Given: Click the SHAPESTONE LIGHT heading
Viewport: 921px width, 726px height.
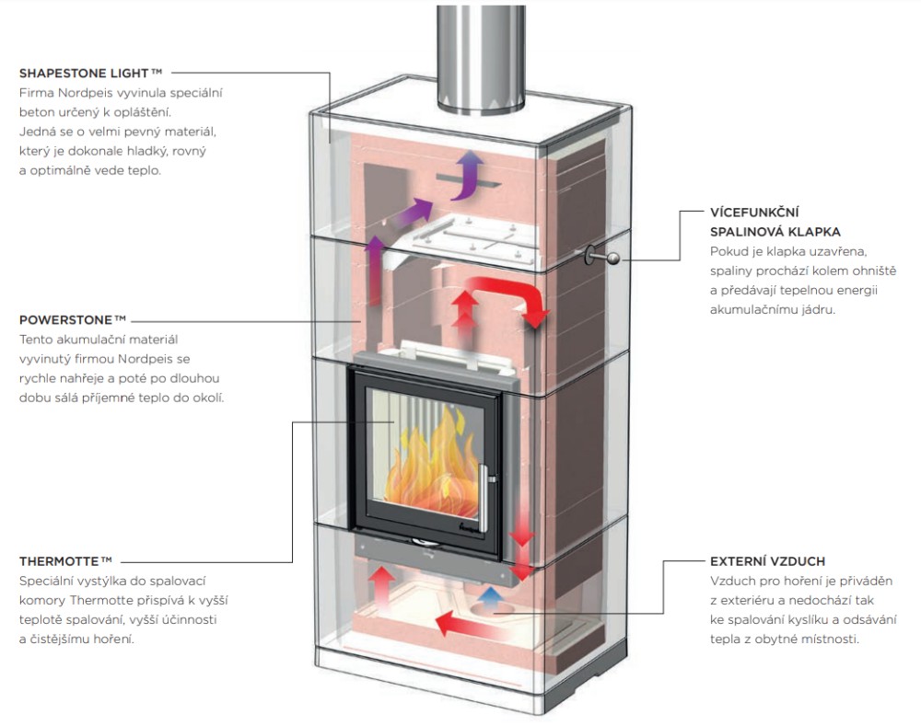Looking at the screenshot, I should pyautogui.click(x=90, y=72).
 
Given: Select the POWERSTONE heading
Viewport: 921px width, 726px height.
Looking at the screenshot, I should pyautogui.click(x=72, y=320).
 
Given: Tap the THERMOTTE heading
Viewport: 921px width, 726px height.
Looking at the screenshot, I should pyautogui.click(x=65, y=560).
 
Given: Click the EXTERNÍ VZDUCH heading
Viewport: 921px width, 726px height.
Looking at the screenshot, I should pyautogui.click(x=767, y=560).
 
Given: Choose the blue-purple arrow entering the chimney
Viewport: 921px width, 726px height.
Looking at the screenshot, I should pyautogui.click(x=469, y=175).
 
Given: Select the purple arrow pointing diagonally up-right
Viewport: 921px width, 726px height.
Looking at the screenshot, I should pyautogui.click(x=411, y=214).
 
